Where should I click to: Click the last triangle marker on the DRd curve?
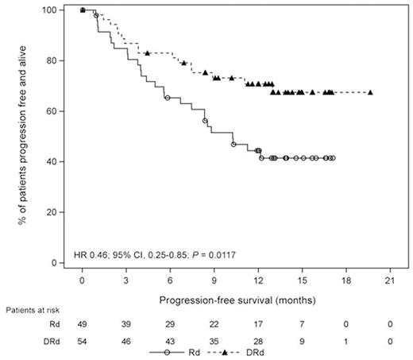pos(370,92)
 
